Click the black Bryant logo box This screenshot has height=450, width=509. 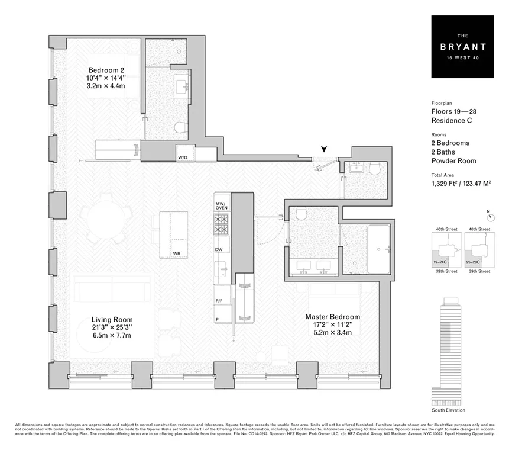(x=461, y=47)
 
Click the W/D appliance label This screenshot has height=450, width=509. (x=183, y=157)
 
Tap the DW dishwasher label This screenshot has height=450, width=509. (x=219, y=250)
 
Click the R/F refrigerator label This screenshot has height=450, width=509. (x=219, y=301)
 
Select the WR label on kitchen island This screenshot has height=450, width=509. (x=176, y=253)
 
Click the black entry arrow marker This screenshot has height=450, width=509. (x=323, y=150)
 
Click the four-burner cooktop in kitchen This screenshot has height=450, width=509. (x=222, y=224)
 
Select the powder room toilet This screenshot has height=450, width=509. (x=374, y=170)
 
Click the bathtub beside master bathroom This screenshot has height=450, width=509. (x=378, y=249)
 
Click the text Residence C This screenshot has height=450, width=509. (x=451, y=121)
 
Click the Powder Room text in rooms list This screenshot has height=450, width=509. (x=453, y=161)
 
